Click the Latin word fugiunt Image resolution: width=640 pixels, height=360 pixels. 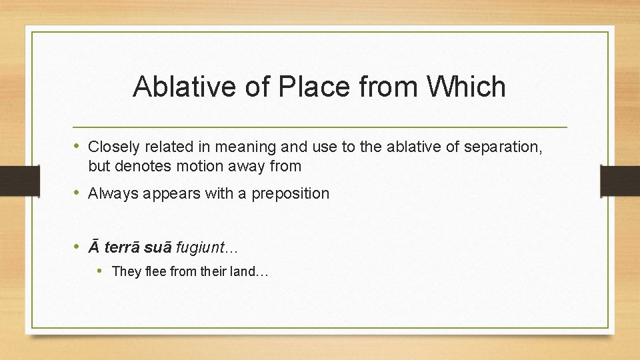(199, 248)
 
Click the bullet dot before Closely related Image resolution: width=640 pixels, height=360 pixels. (77, 146)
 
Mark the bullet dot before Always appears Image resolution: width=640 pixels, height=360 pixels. (77, 193)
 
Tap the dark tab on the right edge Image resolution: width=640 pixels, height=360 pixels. (620, 180)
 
